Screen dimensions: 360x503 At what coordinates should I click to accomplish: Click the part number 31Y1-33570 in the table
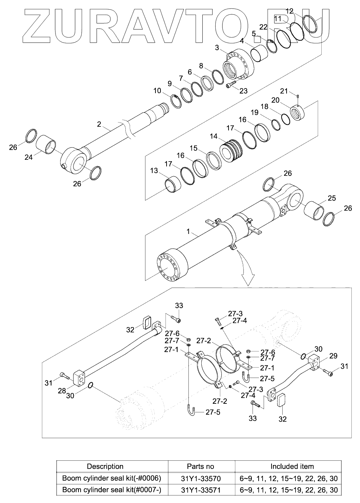pos(201,479)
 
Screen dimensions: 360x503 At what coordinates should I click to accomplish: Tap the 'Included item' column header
pos(292,466)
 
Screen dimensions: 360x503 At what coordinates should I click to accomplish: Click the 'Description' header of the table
pos(105,466)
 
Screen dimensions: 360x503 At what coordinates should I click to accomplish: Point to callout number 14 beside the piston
pos(213,136)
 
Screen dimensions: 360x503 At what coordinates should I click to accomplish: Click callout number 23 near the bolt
pos(244,91)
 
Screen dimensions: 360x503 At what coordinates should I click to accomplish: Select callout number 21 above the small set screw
pos(284,91)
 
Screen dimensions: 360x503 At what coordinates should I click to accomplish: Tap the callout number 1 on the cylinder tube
pos(188,231)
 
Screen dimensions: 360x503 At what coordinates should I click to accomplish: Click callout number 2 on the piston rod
pos(99,124)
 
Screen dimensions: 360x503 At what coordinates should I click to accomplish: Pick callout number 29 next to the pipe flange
pos(333,356)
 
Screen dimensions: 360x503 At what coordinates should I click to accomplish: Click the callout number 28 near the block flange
pos(62,391)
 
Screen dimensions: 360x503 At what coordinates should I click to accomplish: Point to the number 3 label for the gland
pos(217,48)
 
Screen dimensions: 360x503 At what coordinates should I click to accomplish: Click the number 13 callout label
pos(154,171)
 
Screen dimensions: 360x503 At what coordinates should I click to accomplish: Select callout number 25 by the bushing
pos(332,198)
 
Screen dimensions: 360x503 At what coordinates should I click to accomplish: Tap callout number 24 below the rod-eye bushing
pos(29,157)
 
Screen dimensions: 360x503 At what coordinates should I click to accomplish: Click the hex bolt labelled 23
pos(231,84)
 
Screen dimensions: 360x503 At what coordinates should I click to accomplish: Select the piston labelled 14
pos(231,151)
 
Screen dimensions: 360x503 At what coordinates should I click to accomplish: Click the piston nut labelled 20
pos(297,113)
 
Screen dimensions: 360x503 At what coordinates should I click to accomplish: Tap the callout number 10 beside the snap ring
pos(157,91)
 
